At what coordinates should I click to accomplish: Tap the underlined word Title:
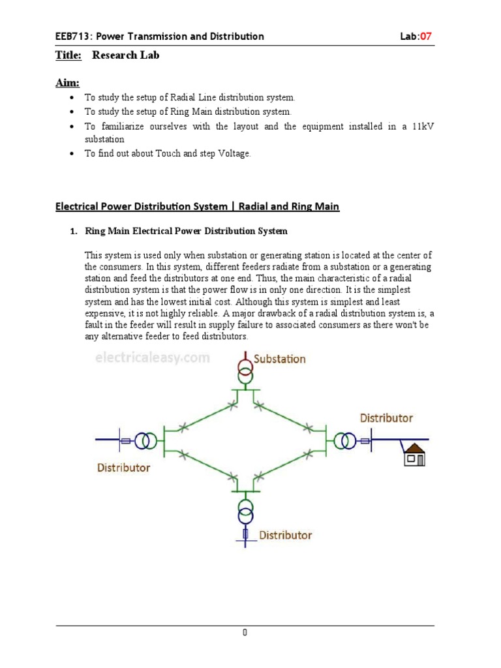coord(68,55)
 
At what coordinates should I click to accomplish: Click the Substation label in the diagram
coord(279,359)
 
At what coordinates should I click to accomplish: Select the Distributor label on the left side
coord(123,467)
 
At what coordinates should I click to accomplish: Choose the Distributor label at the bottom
coord(286,535)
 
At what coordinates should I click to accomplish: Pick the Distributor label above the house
coord(386,417)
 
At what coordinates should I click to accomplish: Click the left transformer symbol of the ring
coord(145,442)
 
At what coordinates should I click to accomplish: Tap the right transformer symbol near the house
coord(346,442)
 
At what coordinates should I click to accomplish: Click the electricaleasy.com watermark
coord(153,357)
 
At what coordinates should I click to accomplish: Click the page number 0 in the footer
coord(245,633)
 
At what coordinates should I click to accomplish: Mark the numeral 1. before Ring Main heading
coord(73,231)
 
